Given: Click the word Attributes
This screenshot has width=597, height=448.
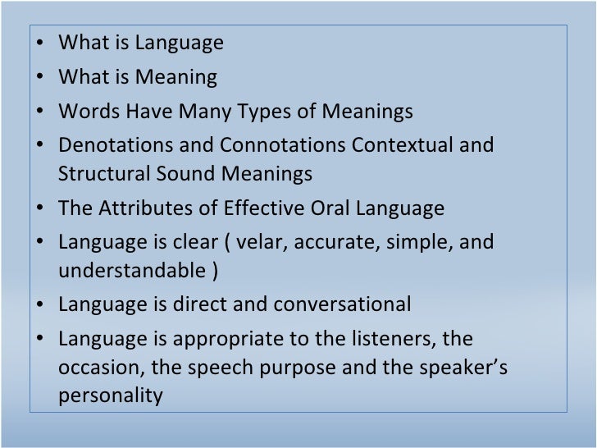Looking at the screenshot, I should (144, 208).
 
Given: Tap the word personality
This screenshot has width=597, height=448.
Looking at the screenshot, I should (111, 396).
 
